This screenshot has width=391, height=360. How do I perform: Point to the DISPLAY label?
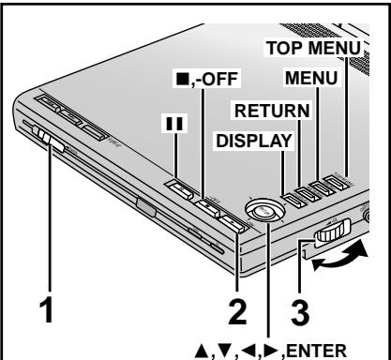click(x=258, y=141)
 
